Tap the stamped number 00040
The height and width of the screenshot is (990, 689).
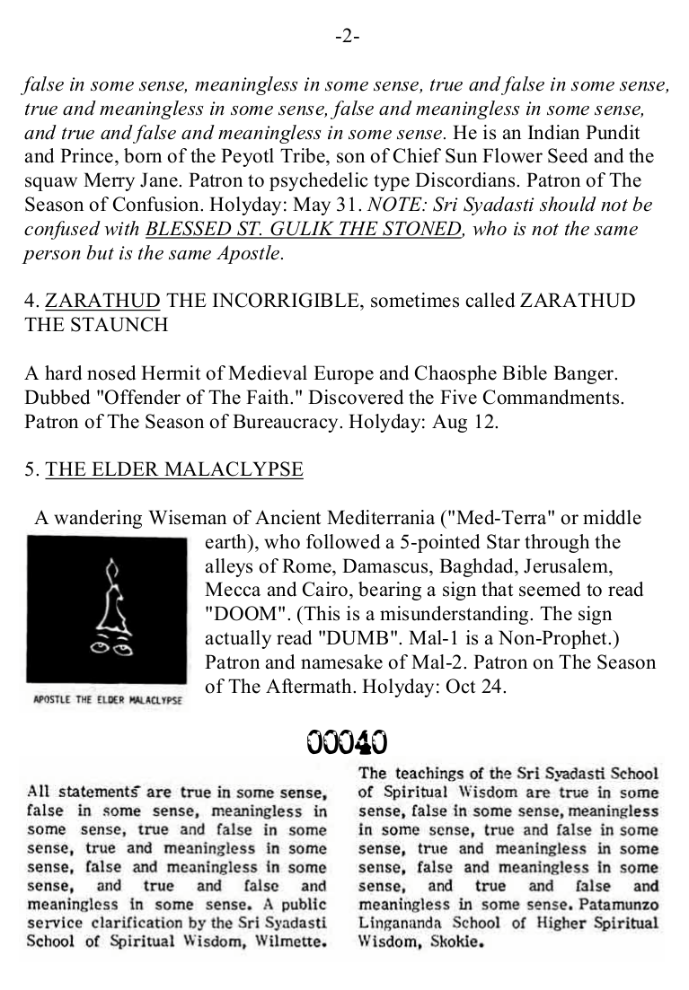pyautogui.click(x=347, y=741)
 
